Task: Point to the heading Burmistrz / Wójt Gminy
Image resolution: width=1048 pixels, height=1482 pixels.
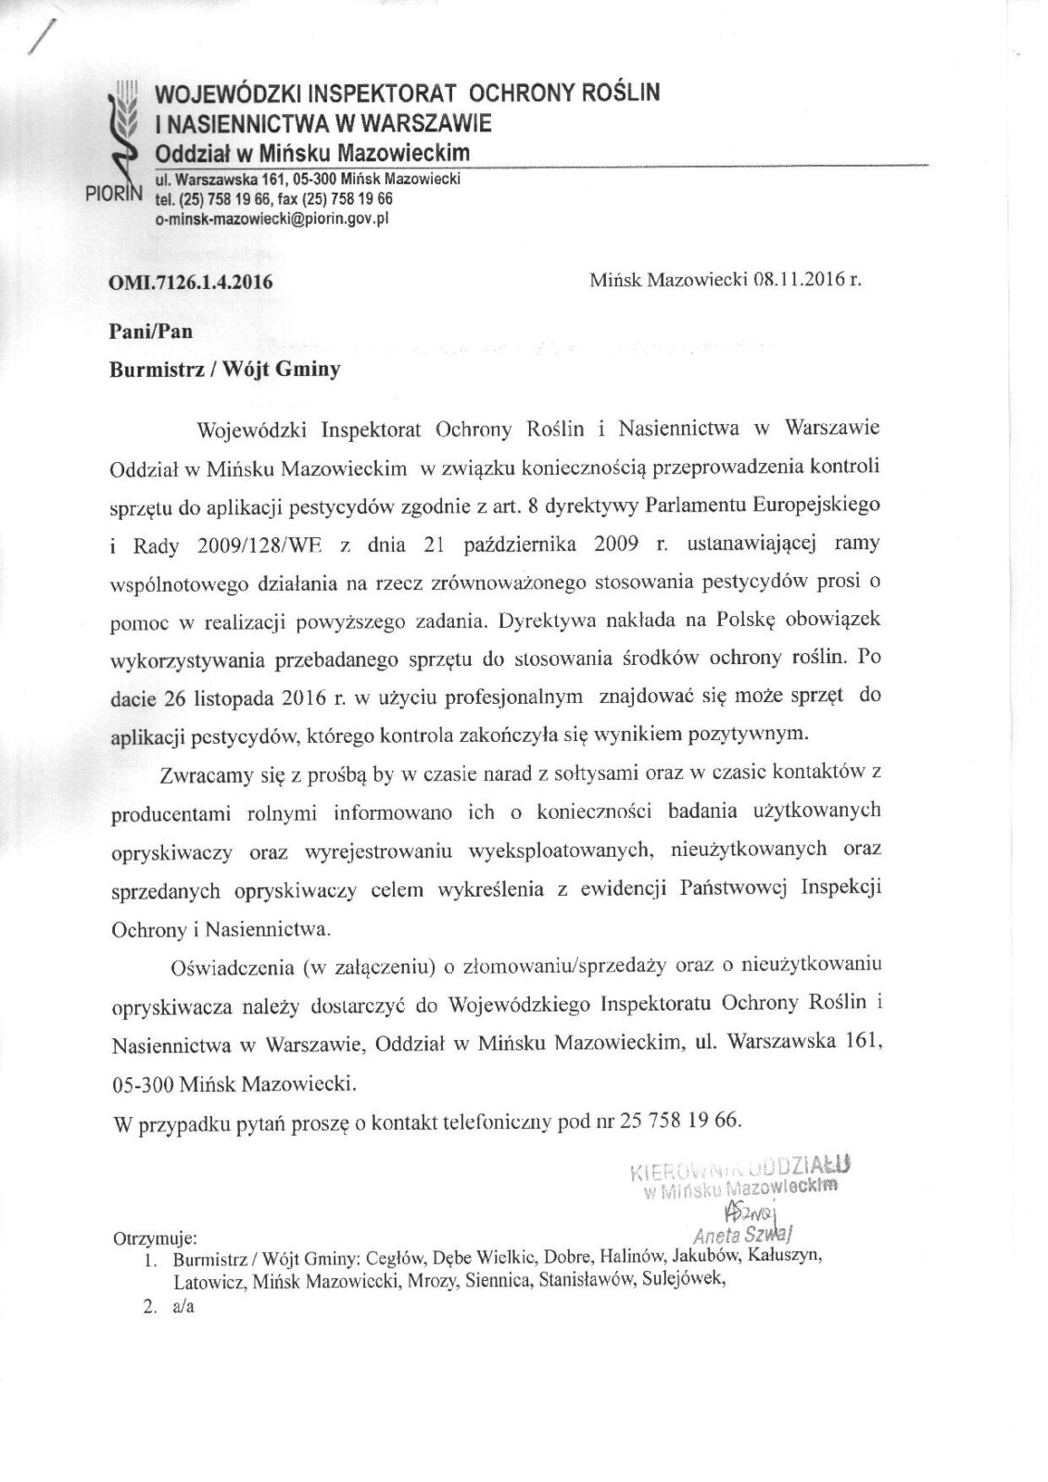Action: pos(225,370)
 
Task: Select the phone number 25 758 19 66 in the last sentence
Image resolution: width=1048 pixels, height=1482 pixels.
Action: pos(680,1121)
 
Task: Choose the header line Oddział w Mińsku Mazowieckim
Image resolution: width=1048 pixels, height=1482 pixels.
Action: pos(312,152)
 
